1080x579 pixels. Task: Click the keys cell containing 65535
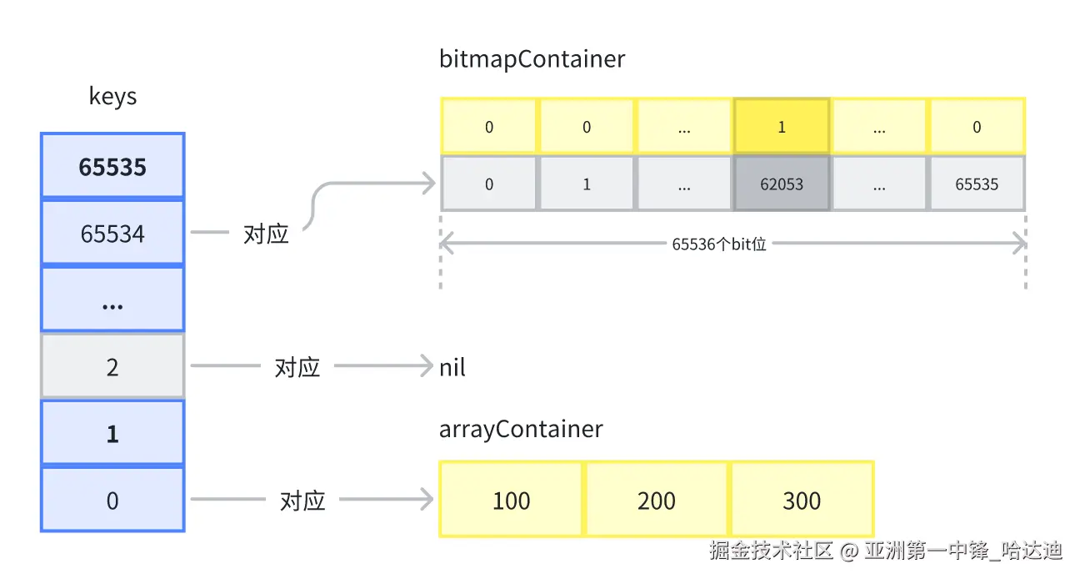(112, 165)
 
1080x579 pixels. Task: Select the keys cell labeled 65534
(112, 233)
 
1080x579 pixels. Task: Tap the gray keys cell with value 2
(112, 366)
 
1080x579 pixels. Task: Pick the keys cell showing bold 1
(112, 433)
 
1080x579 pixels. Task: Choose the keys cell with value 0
(112, 500)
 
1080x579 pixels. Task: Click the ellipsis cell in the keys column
(112, 300)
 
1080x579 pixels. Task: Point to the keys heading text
(112, 96)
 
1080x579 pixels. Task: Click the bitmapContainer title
(532, 59)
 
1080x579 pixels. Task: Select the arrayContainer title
(521, 430)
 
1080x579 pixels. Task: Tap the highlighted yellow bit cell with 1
(782, 127)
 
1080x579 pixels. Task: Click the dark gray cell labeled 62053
(782, 184)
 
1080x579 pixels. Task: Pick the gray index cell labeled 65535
(977, 184)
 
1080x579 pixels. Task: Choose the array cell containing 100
(511, 500)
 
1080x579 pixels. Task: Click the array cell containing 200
(656, 500)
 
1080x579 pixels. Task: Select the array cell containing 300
(802, 500)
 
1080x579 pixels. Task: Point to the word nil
(452, 368)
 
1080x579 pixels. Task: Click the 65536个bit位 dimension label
(719, 244)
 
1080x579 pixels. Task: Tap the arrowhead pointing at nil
(427, 365)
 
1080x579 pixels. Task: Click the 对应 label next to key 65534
(266, 234)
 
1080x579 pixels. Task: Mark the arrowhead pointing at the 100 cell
(427, 499)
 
